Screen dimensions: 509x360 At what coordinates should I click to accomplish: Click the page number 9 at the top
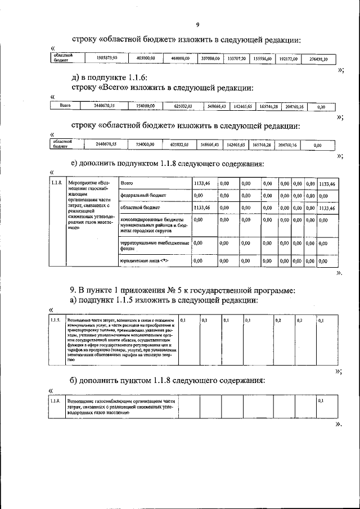point(197,24)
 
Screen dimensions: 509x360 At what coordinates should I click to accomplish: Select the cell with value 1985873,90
point(106,58)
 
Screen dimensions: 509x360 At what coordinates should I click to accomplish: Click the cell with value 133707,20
point(236,58)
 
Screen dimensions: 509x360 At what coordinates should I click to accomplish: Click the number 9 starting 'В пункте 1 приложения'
point(73,290)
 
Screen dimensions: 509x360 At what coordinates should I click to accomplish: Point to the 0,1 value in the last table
point(321,400)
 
